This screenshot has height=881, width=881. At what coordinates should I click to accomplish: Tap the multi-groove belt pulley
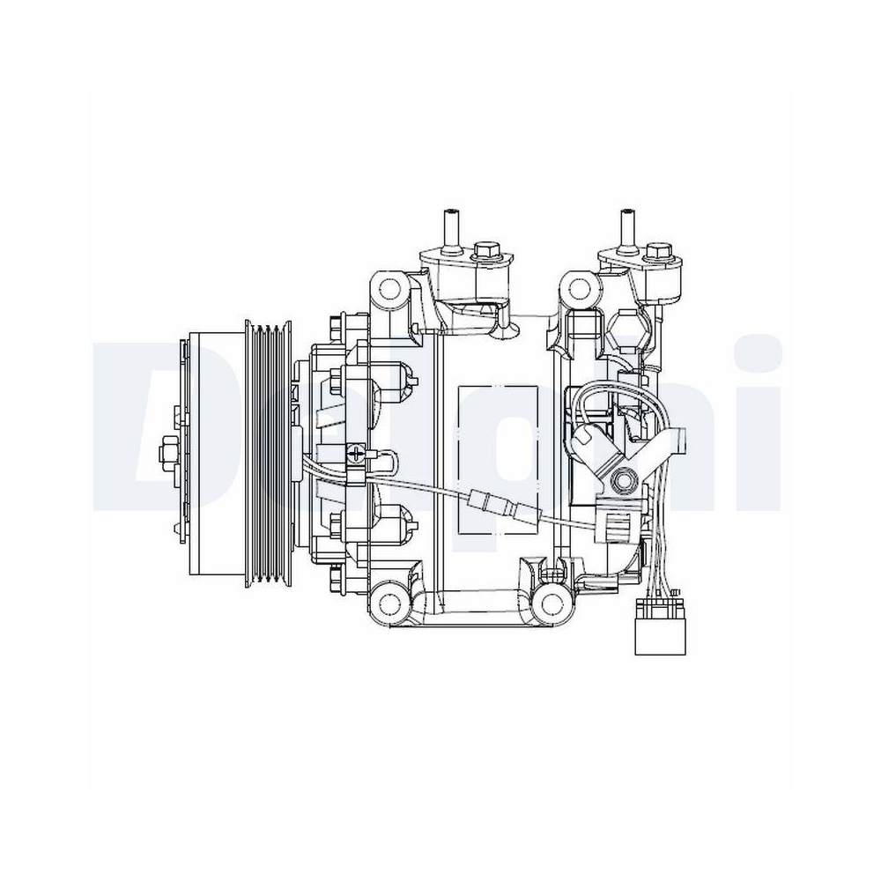click(271, 453)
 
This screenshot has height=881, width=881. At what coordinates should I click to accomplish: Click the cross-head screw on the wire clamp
click(356, 455)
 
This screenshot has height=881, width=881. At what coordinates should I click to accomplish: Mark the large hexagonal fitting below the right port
click(627, 329)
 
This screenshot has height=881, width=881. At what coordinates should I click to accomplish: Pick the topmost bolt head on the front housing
click(336, 327)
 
